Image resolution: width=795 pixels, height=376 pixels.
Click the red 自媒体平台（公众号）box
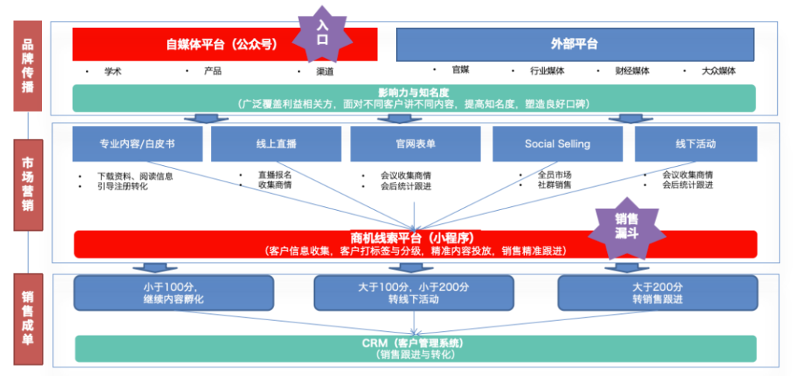click(x=186, y=44)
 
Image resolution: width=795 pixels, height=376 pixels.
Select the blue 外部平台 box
click(x=575, y=44)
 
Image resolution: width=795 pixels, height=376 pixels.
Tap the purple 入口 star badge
click(x=322, y=33)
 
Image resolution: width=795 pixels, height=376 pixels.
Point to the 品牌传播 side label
click(x=28, y=65)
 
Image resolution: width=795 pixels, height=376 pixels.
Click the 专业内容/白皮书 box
click(x=137, y=143)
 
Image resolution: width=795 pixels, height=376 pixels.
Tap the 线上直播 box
click(x=276, y=143)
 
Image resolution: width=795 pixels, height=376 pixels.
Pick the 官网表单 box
click(x=415, y=143)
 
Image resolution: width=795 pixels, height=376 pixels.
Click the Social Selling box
click(x=557, y=143)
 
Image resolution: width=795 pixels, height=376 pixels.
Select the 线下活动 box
click(x=696, y=143)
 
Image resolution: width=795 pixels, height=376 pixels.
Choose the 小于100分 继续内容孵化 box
click(x=174, y=291)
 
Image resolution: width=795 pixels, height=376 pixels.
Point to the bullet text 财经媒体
click(x=633, y=71)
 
